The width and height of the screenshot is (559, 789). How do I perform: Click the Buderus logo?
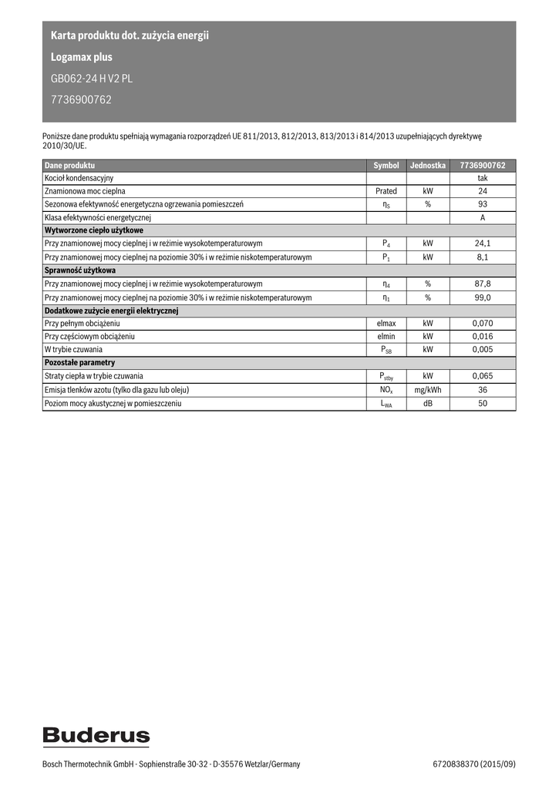(96, 736)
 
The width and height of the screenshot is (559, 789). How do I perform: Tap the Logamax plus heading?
(81, 57)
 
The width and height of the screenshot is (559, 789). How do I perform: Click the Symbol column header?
(386, 166)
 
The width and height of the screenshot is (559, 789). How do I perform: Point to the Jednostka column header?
(427, 166)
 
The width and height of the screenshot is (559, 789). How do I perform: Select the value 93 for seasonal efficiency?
(483, 204)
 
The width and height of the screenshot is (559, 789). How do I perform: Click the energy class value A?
(483, 217)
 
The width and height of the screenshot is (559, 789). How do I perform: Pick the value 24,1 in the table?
(483, 243)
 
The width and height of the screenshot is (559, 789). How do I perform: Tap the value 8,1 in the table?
(483, 257)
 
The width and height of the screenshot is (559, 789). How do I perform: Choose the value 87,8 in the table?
(483, 284)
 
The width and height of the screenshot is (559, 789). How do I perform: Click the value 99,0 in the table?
(483, 297)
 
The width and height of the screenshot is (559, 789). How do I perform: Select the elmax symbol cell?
(386, 324)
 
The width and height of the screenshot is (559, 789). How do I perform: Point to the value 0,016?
(483, 337)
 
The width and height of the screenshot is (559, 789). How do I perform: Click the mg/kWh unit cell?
(427, 390)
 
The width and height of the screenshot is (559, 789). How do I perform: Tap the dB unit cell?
(427, 403)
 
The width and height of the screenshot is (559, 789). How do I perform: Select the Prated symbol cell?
(386, 191)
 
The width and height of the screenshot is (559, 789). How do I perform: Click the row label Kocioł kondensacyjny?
(79, 178)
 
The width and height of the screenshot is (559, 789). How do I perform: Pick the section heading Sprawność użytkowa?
(80, 270)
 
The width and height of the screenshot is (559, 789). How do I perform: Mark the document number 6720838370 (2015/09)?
(474, 764)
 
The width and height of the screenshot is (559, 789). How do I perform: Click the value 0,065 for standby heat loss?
(483, 376)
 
